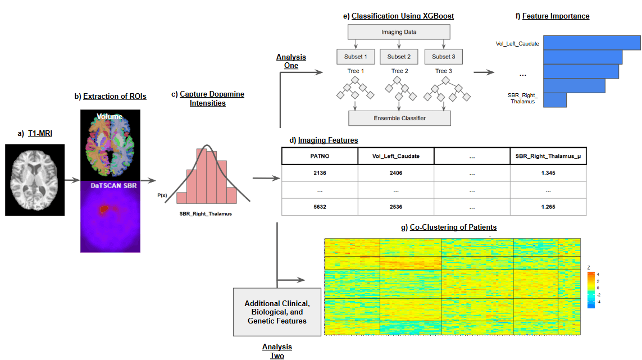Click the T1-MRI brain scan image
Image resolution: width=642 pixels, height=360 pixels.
pyautogui.click(x=35, y=180)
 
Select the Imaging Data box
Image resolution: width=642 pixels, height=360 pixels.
pyautogui.click(x=399, y=32)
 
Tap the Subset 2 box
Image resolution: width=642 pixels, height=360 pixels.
pyautogui.click(x=399, y=57)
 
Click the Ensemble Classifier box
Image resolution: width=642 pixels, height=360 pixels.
pyautogui.click(x=399, y=118)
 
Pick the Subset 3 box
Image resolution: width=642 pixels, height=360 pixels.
pyautogui.click(x=444, y=57)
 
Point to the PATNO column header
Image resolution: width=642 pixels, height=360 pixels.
pyautogui.click(x=320, y=156)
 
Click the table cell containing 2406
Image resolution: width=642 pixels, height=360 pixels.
pyautogui.click(x=396, y=174)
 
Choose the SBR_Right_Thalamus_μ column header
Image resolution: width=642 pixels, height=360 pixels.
pyautogui.click(x=548, y=156)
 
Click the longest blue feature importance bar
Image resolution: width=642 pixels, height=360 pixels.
pyautogui.click(x=592, y=43)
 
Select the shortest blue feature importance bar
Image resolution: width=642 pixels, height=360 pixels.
pyautogui.click(x=555, y=99)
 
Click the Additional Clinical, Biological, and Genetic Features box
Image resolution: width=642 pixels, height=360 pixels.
pyautogui.click(x=277, y=312)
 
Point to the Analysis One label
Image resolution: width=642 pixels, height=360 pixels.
pyautogui.click(x=291, y=61)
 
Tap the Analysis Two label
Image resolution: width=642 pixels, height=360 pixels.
pyautogui.click(x=277, y=351)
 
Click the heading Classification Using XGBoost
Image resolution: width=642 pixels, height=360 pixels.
pyautogui.click(x=402, y=16)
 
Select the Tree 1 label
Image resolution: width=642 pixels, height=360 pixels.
pyautogui.click(x=354, y=71)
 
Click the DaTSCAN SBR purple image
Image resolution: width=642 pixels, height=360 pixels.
pyautogui.click(x=110, y=213)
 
